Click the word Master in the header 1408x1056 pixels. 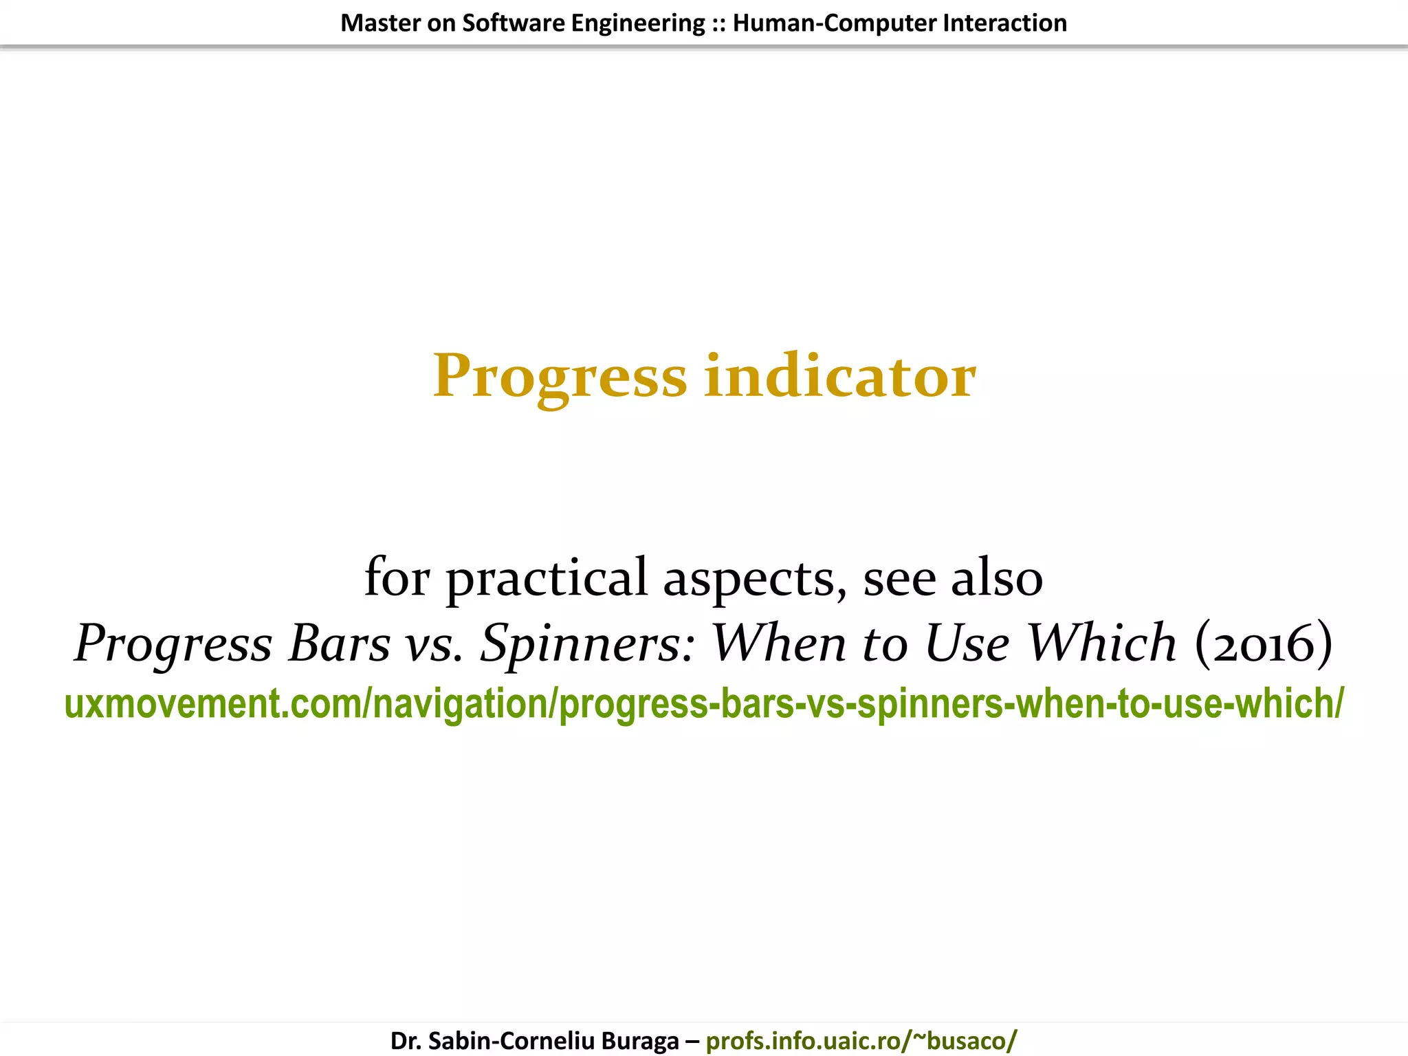click(x=381, y=23)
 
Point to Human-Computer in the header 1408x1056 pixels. click(x=834, y=23)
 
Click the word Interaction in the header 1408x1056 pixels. click(x=1004, y=23)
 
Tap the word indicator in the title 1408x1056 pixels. click(x=839, y=377)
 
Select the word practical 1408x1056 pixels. click(x=547, y=577)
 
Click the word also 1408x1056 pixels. click(x=997, y=577)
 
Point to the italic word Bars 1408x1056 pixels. click(x=340, y=643)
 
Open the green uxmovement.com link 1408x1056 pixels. click(x=703, y=704)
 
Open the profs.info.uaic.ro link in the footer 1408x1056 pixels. click(x=861, y=1040)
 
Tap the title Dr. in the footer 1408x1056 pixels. click(x=406, y=1040)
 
